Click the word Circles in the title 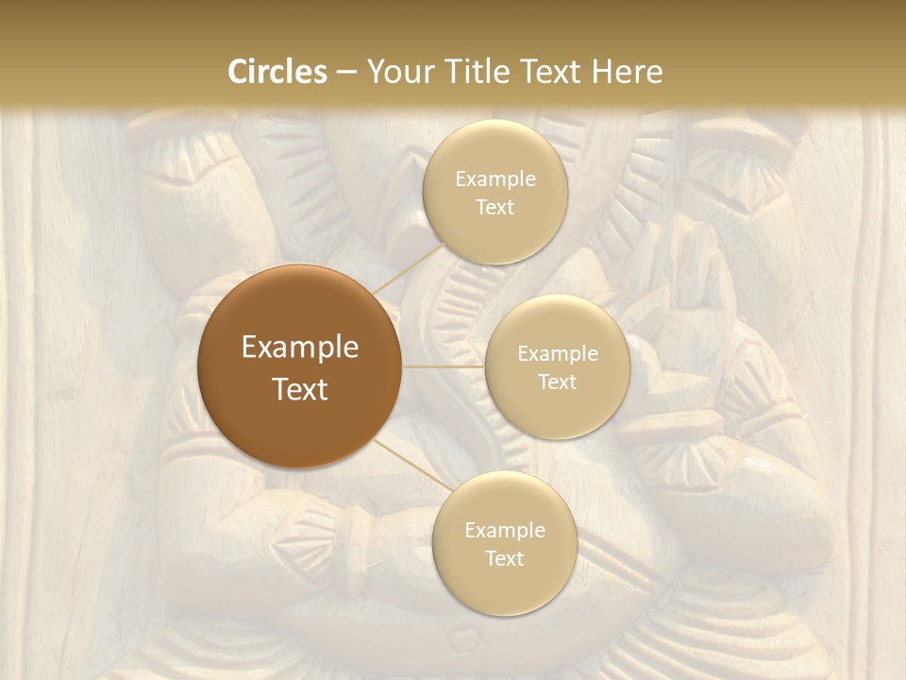point(277,72)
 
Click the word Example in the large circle point(300,348)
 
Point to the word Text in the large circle point(300,389)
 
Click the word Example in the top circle point(495,178)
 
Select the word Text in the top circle point(495,207)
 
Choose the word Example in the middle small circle point(557,353)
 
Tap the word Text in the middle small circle point(557,382)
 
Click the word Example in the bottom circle point(504,530)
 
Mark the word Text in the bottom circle point(504,558)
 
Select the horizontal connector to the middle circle point(444,365)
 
